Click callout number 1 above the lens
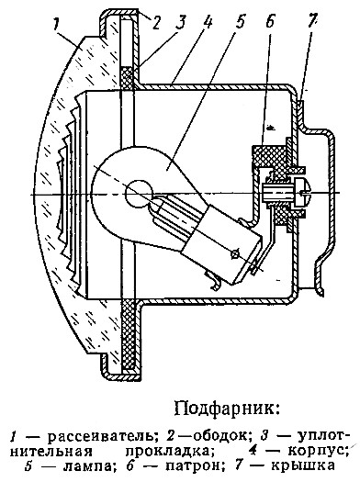[55, 24]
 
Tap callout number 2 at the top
[156, 22]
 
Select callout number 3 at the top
[182, 22]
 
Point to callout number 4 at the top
[208, 22]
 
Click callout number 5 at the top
[240, 22]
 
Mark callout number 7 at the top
[310, 22]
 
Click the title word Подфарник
[227, 409]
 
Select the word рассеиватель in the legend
[103, 436]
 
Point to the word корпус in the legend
[318, 452]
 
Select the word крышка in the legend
[302, 466]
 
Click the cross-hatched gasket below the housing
[129, 335]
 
